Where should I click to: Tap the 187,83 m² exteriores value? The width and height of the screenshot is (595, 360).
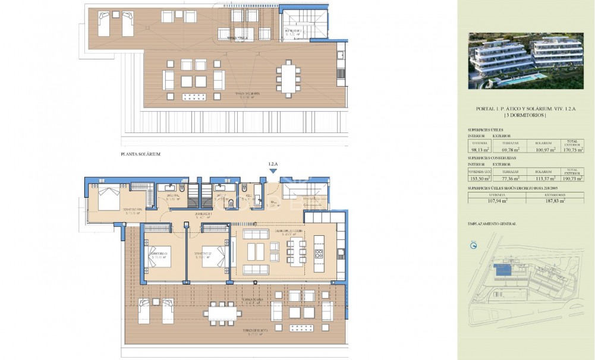[555, 201]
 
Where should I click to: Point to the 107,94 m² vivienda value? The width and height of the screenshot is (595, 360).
[497, 201]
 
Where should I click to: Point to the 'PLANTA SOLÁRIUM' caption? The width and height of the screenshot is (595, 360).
[140, 154]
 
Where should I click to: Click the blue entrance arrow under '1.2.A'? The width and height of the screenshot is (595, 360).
[273, 171]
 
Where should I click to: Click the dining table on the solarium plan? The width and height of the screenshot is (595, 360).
[288, 78]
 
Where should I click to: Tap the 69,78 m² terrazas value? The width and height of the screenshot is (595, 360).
[511, 150]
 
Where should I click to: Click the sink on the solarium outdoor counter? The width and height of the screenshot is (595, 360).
[341, 55]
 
